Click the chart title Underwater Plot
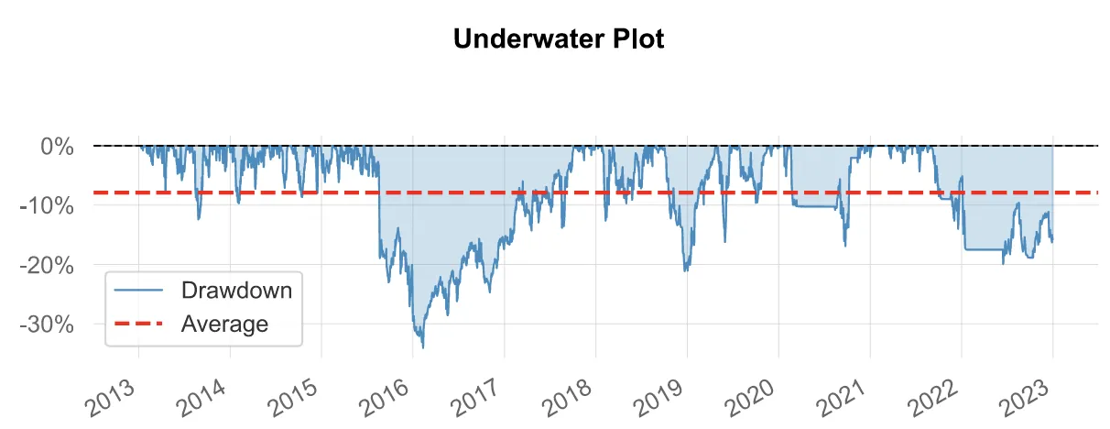click(x=554, y=40)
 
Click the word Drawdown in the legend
click(x=236, y=291)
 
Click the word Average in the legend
click(x=224, y=324)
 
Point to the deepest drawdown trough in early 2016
click(x=422, y=347)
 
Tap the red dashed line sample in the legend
click(x=140, y=324)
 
